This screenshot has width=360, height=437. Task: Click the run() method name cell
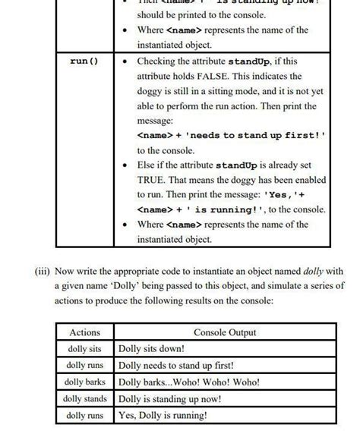[84, 61]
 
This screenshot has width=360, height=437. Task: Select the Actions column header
[84, 332]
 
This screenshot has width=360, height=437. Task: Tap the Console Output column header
[225, 332]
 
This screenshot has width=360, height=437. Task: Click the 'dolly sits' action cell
[84, 349]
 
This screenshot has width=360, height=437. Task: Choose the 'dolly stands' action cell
[84, 398]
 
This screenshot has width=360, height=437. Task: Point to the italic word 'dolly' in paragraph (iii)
[317, 271]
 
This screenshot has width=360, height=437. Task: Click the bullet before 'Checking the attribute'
[125, 61]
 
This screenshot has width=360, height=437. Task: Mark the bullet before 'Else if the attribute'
[125, 165]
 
